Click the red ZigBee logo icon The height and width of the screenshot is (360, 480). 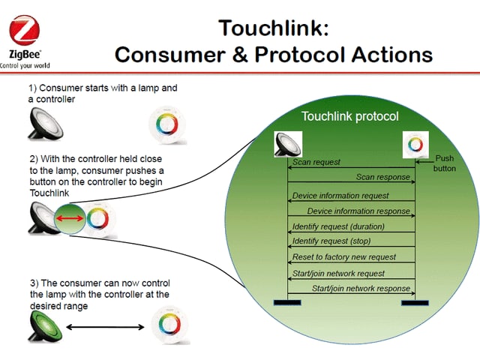(x=24, y=30)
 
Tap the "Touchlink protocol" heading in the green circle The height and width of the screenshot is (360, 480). (x=350, y=116)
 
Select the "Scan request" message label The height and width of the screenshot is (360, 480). (x=316, y=162)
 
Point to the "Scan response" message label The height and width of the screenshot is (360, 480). (x=383, y=177)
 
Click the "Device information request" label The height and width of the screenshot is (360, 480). (x=340, y=196)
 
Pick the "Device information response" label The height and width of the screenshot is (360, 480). (x=358, y=211)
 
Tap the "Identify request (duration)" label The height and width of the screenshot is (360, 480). (x=338, y=226)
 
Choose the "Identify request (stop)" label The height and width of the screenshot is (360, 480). (x=331, y=241)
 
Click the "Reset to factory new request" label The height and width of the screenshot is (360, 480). (x=344, y=256)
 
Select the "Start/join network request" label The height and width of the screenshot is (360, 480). (x=338, y=273)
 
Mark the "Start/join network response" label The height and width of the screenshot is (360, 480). (x=361, y=288)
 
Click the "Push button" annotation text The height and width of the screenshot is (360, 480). (x=445, y=163)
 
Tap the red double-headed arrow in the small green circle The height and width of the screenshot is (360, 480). (x=70, y=218)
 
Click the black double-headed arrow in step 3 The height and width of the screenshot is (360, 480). (x=105, y=327)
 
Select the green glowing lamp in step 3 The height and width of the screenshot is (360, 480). (x=45, y=326)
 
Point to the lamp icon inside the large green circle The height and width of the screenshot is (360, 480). (x=288, y=145)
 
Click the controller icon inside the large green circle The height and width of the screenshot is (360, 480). (x=415, y=145)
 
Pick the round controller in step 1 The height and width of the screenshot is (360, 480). (x=167, y=125)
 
